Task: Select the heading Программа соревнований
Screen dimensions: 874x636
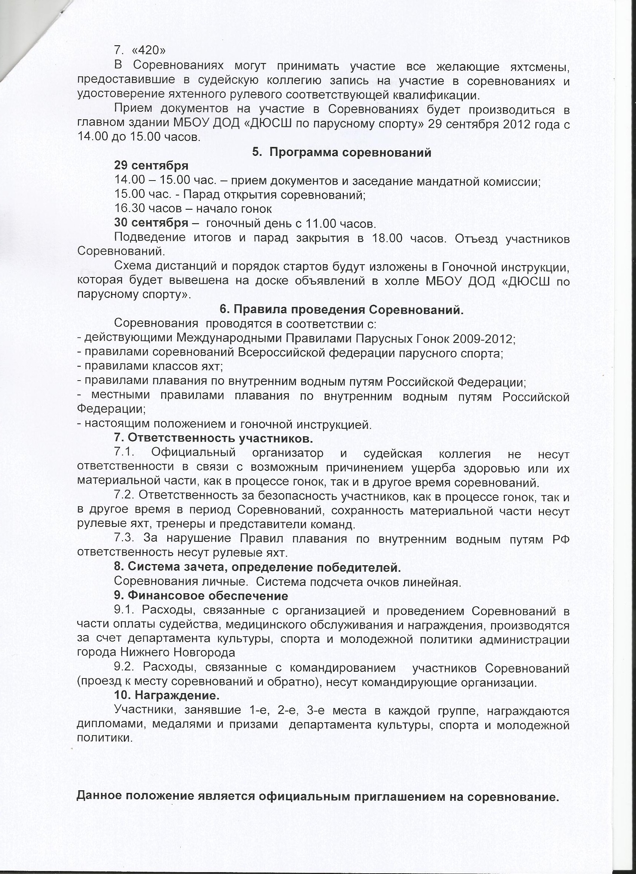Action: tap(341, 152)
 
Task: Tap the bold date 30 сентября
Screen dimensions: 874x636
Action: tap(151, 223)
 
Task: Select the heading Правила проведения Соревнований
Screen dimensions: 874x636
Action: tap(341, 310)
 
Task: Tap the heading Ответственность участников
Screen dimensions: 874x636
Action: tap(213, 438)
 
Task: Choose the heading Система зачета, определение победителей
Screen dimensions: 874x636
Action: tap(258, 567)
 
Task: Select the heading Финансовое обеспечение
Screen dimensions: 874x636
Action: tap(201, 596)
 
